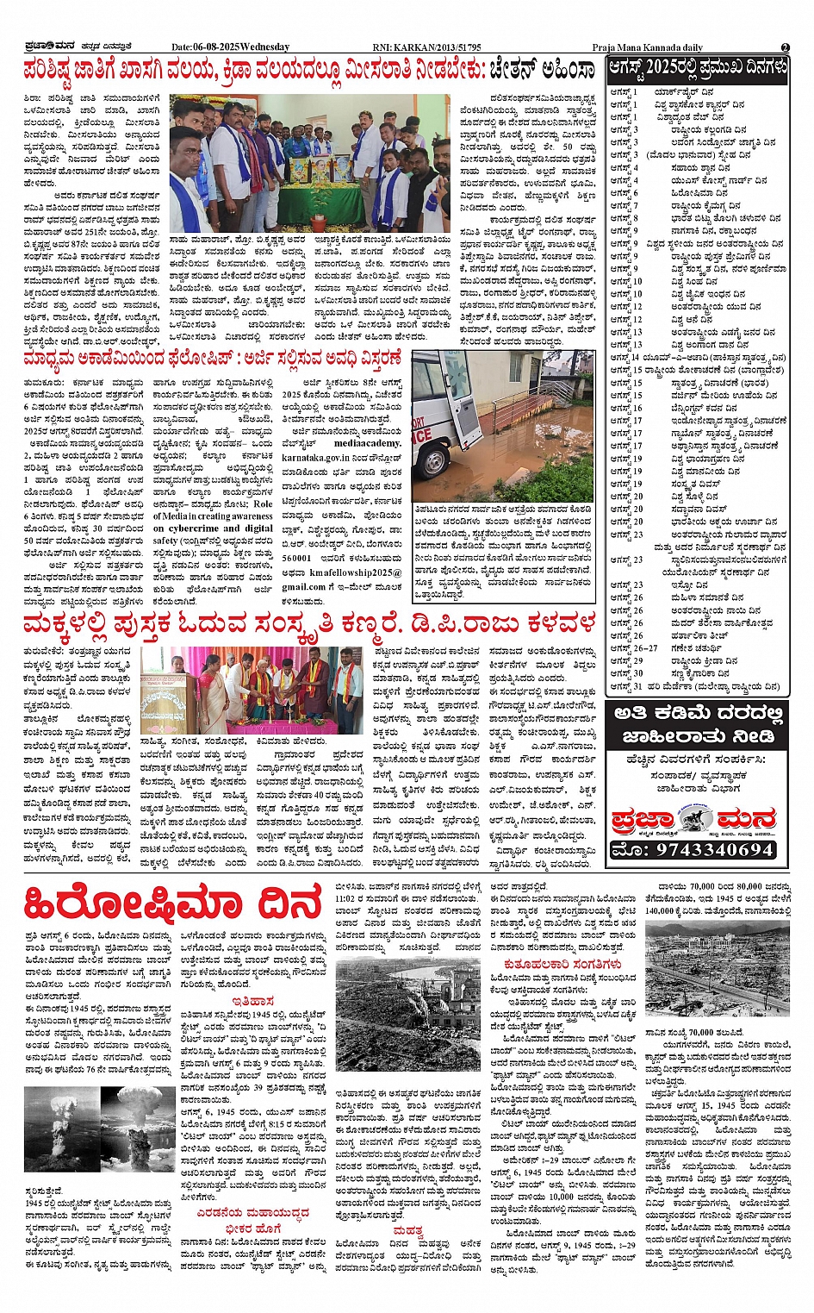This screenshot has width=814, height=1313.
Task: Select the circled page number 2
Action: tap(785, 47)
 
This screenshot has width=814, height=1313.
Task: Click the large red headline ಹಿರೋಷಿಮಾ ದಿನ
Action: tap(173, 904)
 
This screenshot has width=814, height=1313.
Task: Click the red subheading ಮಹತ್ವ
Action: tap(407, 1230)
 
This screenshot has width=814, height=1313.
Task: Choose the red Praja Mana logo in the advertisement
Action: tap(693, 819)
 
